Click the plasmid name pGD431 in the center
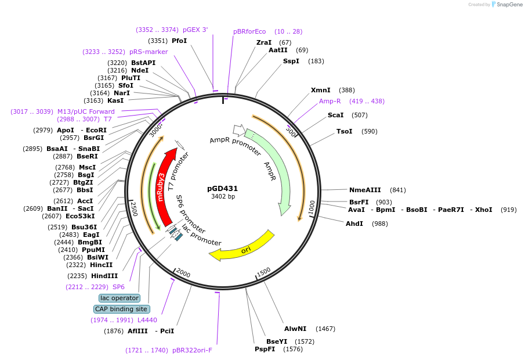(x=223, y=188)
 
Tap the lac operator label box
(x=120, y=298)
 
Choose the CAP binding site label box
(x=122, y=309)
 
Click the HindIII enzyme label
(x=104, y=276)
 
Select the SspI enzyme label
(x=291, y=61)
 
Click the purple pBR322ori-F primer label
(x=193, y=350)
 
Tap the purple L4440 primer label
(x=147, y=320)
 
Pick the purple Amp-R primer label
(x=330, y=101)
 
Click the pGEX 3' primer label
(x=195, y=30)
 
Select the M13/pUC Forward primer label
(x=86, y=111)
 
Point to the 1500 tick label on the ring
(x=264, y=271)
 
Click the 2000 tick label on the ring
(x=183, y=273)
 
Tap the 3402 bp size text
(x=223, y=197)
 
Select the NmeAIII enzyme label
(x=365, y=190)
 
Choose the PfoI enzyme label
(x=179, y=41)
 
